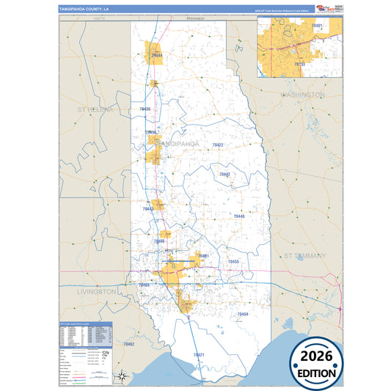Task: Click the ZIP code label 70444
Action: (x=156, y=55)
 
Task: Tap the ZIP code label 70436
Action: (x=145, y=109)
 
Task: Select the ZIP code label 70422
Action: (x=218, y=145)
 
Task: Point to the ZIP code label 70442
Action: (x=224, y=174)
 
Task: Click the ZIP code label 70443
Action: (x=148, y=209)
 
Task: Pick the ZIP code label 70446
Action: (x=239, y=216)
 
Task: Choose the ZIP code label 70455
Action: (x=233, y=261)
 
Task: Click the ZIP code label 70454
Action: (x=243, y=314)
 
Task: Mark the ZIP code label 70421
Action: (x=199, y=355)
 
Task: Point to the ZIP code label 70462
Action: (x=129, y=343)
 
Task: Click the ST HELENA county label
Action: (x=95, y=109)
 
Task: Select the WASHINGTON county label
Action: (x=302, y=95)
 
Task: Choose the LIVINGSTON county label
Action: (x=96, y=291)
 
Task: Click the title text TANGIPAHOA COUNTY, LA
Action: (x=84, y=10)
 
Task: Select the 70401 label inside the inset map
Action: (x=317, y=26)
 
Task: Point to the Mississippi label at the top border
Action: (x=194, y=18)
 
